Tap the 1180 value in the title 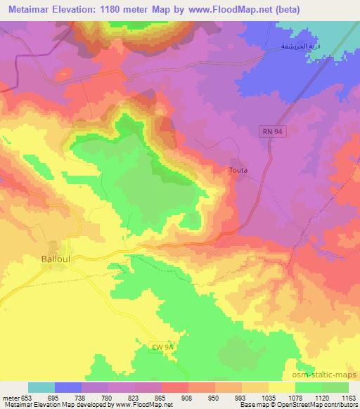(x=124, y=9)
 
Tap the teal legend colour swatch (x=41, y=387)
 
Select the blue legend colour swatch (x=68, y=387)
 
